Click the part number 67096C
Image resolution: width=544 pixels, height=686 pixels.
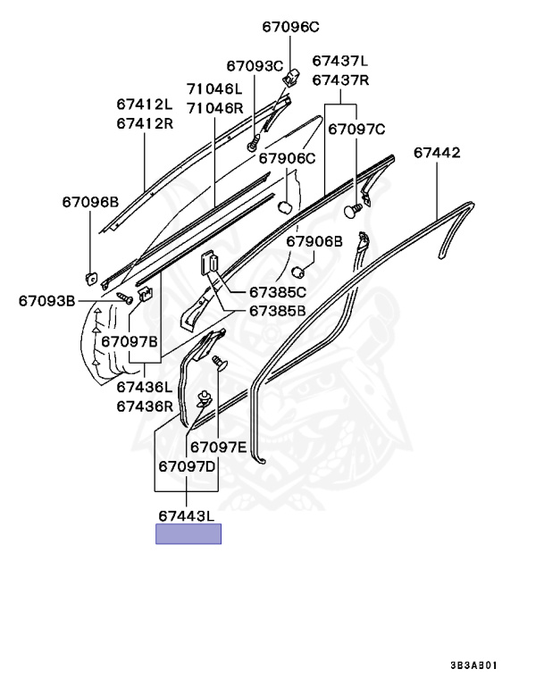[x=290, y=27]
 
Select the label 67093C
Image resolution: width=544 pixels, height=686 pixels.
[x=254, y=65]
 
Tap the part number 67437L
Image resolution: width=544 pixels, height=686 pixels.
[x=339, y=61]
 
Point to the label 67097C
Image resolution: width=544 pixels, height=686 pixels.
[x=356, y=130]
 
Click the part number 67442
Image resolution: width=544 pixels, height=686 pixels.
[x=437, y=153]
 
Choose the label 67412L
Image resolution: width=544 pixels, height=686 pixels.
[x=144, y=104]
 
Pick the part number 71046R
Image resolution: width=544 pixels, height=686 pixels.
[x=214, y=108]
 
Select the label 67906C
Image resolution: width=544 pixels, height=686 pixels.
[x=288, y=158]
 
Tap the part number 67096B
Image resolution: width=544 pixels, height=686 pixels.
[x=90, y=202]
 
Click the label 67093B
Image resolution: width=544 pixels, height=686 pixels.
[x=46, y=301]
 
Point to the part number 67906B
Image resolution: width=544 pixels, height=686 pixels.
[x=314, y=241]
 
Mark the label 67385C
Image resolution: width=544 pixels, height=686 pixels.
[x=277, y=292]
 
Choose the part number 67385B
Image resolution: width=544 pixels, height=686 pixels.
[x=277, y=311]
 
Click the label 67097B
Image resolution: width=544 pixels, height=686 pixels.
[x=130, y=341]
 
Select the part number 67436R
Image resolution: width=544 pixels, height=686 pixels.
[x=144, y=406]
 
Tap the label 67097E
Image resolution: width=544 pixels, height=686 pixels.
[x=217, y=447]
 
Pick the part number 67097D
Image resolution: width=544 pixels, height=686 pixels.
[x=188, y=466]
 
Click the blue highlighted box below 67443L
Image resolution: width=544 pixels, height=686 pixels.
[x=188, y=534]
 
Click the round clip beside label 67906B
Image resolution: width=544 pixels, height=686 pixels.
[x=301, y=272]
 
